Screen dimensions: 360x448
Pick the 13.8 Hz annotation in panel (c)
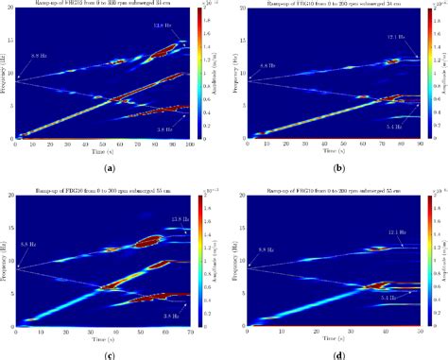pos(170,220)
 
